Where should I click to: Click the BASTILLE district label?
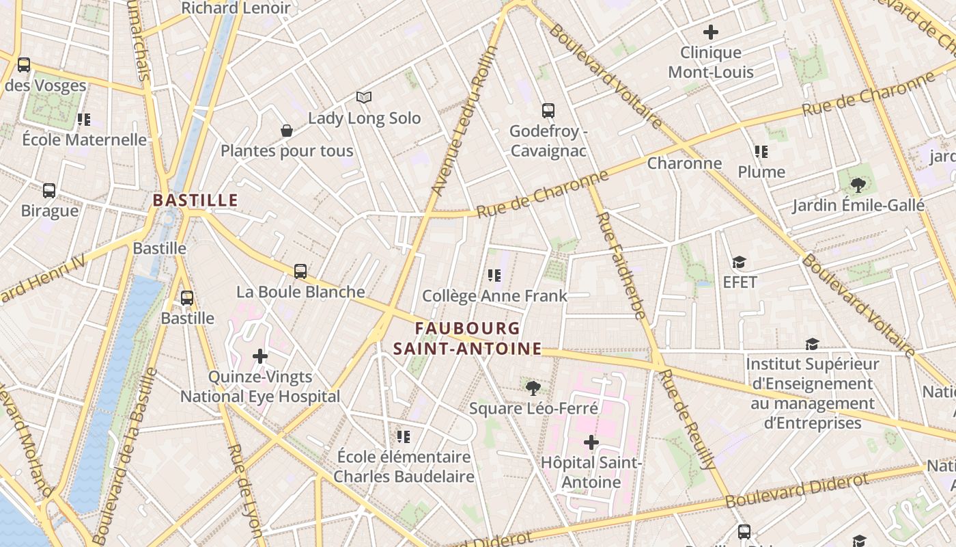(x=195, y=200)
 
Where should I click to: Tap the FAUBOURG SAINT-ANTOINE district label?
(x=467, y=339)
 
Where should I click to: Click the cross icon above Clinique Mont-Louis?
(x=711, y=31)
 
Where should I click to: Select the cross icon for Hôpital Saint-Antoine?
(x=591, y=442)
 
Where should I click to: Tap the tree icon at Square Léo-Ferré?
(x=533, y=388)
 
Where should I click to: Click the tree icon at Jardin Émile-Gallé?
(x=858, y=185)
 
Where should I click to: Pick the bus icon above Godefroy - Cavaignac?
(x=548, y=110)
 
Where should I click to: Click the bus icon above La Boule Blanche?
(x=300, y=271)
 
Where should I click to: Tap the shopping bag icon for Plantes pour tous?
(x=287, y=130)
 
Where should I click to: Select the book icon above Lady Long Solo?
(x=364, y=97)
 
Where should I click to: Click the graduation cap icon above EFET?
(x=739, y=262)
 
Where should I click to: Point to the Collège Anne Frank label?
(x=494, y=295)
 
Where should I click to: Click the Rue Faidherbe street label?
(x=621, y=267)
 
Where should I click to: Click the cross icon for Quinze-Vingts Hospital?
(x=260, y=356)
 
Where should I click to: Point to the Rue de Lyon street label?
(x=246, y=489)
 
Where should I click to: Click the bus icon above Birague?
(x=49, y=190)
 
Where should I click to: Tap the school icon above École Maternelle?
(x=84, y=119)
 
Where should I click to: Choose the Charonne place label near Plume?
(x=684, y=163)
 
